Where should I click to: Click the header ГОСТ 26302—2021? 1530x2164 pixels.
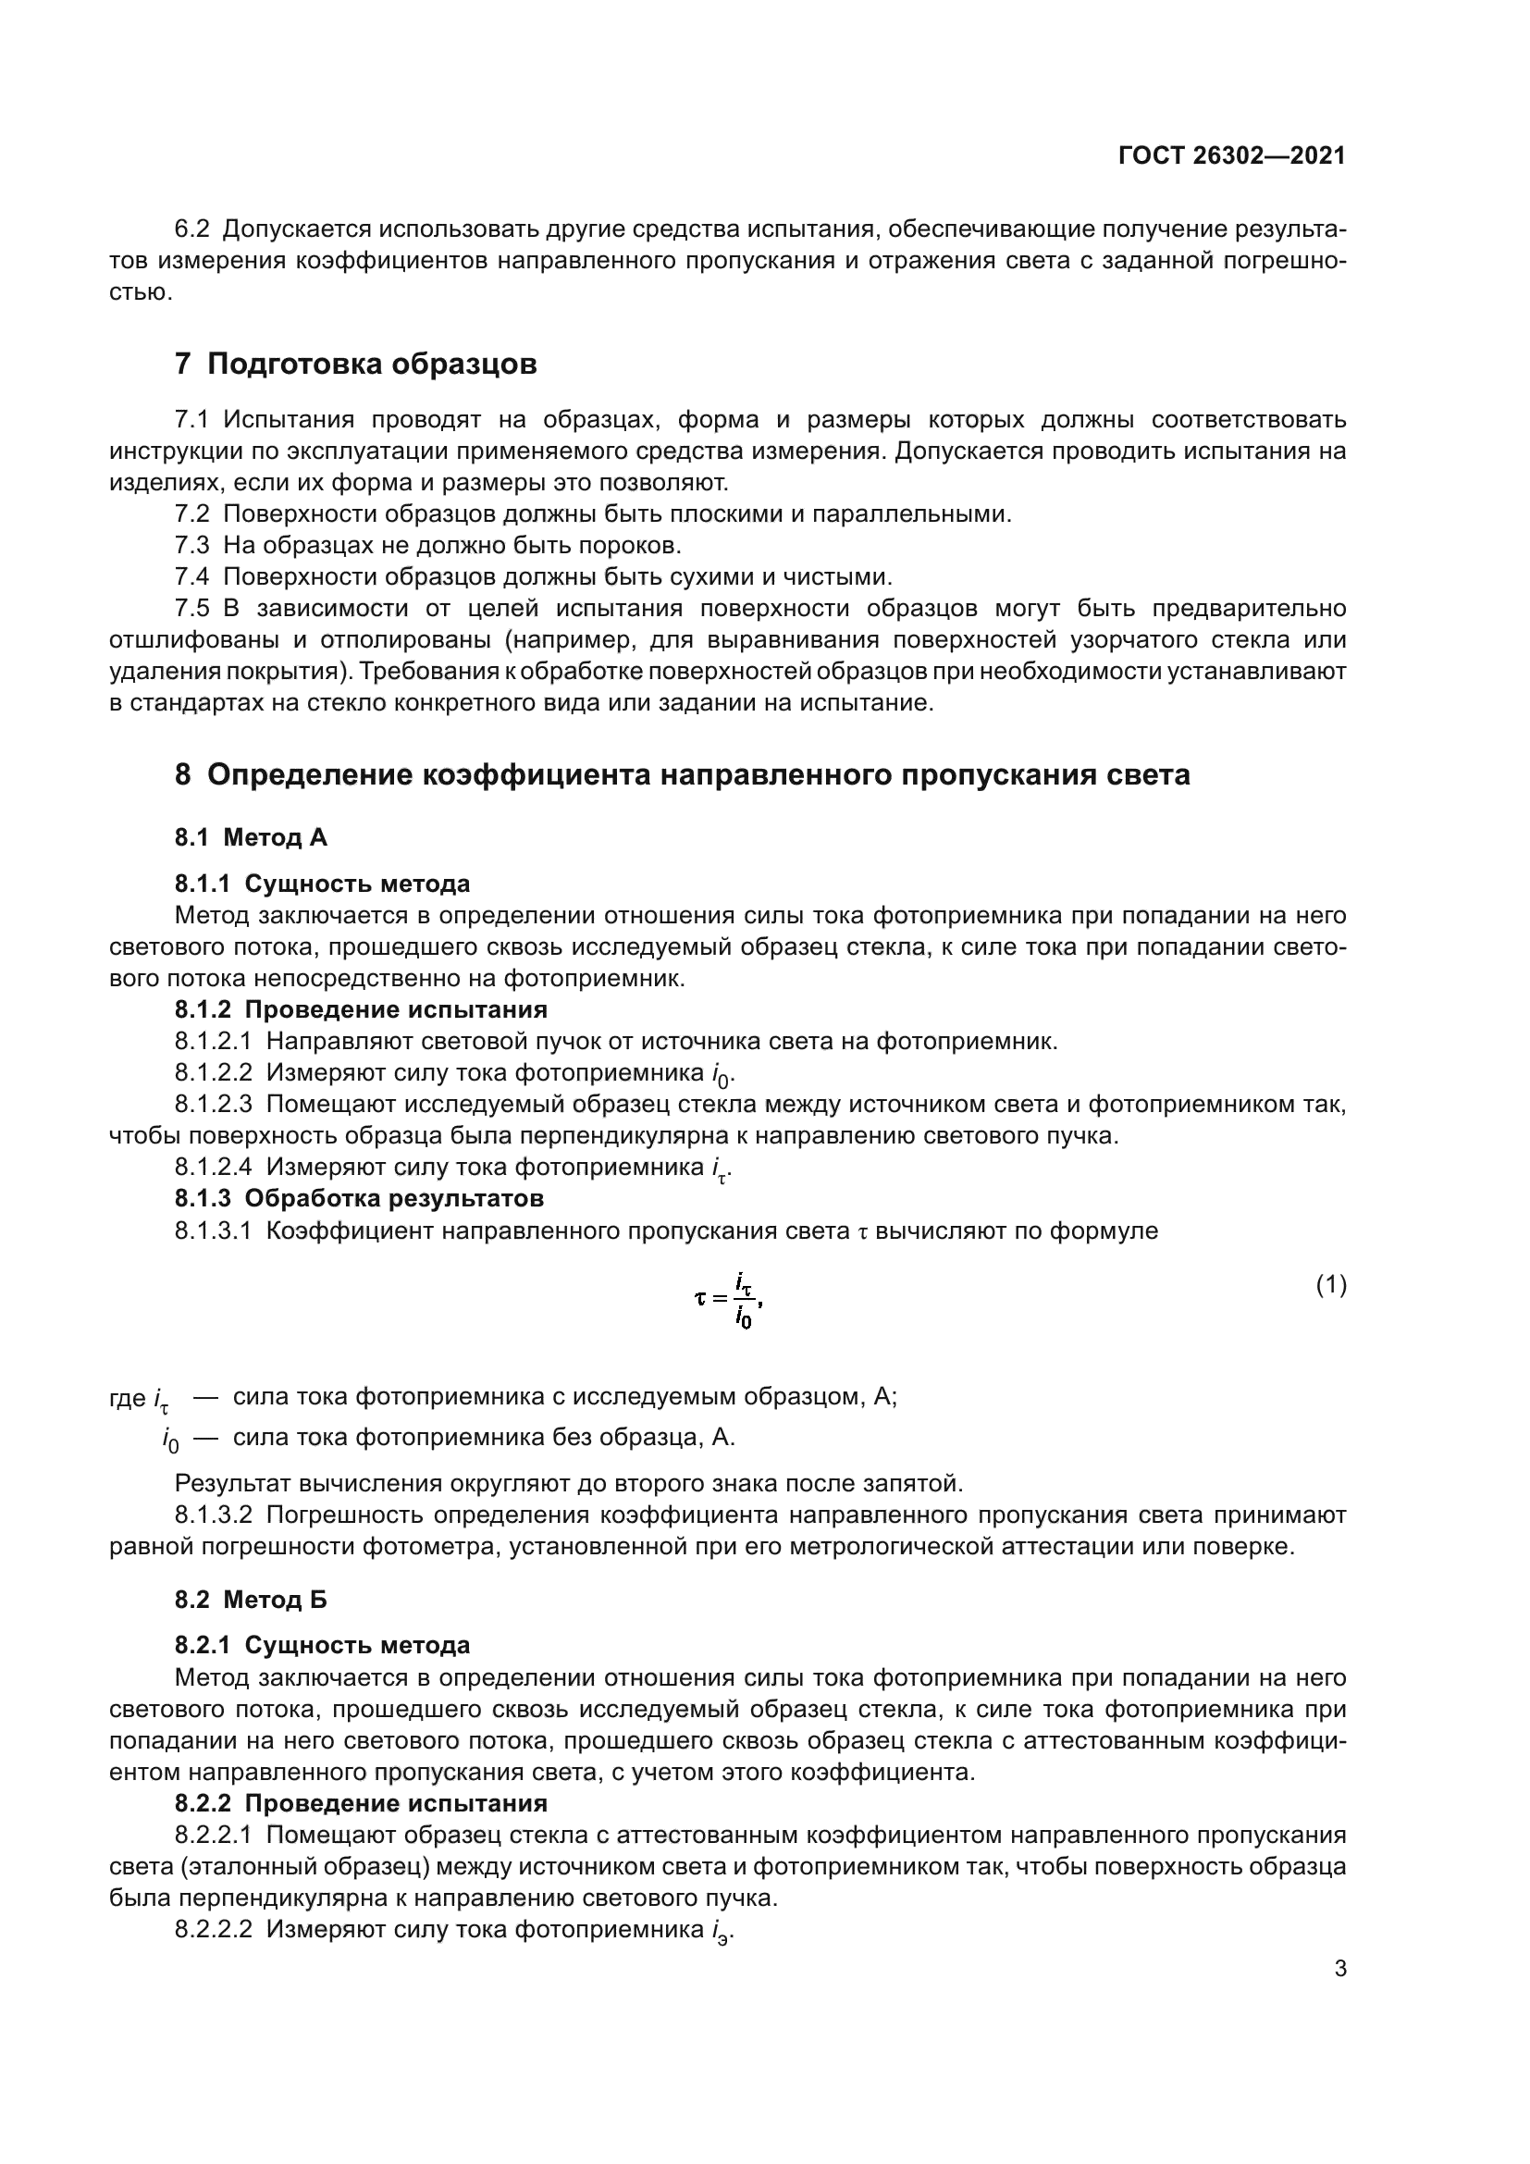(x=1231, y=155)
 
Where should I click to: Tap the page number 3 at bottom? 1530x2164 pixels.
(x=1339, y=1968)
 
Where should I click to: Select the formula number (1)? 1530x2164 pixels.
(x=1330, y=1285)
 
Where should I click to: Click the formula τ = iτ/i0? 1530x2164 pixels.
(x=727, y=1300)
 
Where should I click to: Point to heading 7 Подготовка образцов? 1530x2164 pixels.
(x=355, y=364)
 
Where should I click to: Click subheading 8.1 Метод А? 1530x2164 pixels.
(x=251, y=837)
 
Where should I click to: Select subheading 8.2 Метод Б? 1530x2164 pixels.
(x=251, y=1600)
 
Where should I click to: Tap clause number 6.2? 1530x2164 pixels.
(x=192, y=229)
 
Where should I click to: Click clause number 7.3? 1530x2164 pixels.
(x=192, y=545)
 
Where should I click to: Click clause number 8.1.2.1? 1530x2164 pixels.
(x=213, y=1042)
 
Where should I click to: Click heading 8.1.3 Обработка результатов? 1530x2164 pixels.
(x=359, y=1199)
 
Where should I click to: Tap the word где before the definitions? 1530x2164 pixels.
(x=127, y=1398)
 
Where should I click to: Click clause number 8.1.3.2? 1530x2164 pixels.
(x=213, y=1515)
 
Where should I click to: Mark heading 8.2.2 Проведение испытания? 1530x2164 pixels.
(x=361, y=1803)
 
